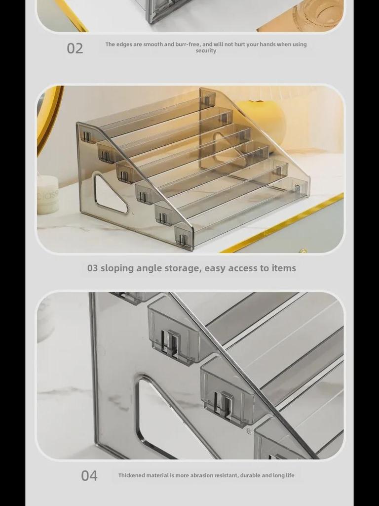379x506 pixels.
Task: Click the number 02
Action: coord(75,48)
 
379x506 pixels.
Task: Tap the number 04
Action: coord(89,476)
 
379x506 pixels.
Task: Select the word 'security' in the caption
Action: coord(206,51)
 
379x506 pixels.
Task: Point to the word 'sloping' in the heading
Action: coord(117,268)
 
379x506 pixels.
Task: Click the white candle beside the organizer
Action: coord(48,195)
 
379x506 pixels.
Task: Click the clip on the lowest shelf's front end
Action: coord(183,239)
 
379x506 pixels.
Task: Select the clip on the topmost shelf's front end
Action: coord(86,136)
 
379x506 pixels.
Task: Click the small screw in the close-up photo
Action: coord(249,431)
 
